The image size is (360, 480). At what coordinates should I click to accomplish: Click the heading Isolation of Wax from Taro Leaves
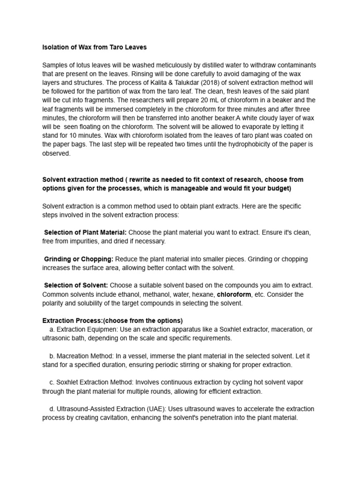pos(94,47)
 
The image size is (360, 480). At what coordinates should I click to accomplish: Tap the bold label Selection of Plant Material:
pos(85,232)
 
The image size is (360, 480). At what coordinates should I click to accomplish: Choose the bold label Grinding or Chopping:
pos(78,259)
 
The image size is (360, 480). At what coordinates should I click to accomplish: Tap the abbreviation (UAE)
pos(150,409)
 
